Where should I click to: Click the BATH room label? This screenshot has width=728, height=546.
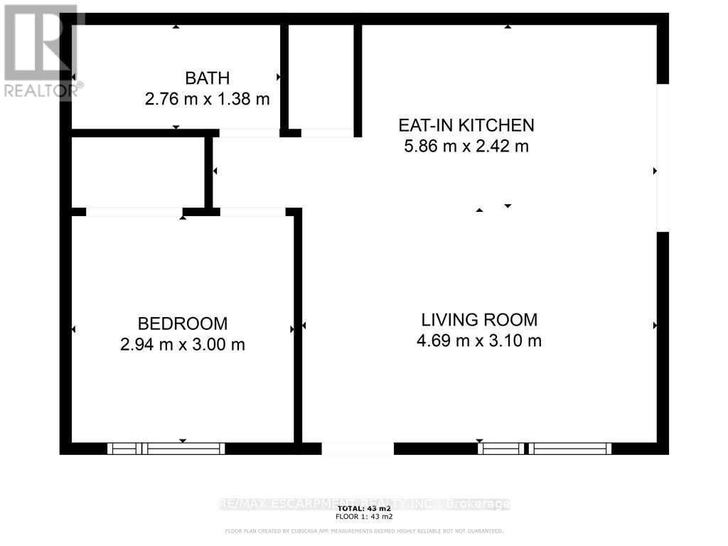pyautogui.click(x=207, y=78)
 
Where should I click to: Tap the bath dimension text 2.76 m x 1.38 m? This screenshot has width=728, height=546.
pyautogui.click(x=207, y=99)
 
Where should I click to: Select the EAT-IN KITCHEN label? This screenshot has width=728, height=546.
pyautogui.click(x=466, y=126)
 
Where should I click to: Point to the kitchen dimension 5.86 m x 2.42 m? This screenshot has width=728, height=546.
pyautogui.click(x=466, y=146)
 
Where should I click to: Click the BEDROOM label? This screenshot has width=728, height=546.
pyautogui.click(x=183, y=323)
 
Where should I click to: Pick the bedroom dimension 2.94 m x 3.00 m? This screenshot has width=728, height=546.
pyautogui.click(x=183, y=345)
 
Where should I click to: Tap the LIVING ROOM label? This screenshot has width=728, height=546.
pyautogui.click(x=479, y=319)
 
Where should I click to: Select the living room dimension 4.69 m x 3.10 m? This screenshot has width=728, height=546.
pyautogui.click(x=479, y=341)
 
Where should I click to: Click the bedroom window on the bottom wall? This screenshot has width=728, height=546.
pyautogui.click(x=166, y=449)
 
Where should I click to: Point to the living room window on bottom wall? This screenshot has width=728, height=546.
pyautogui.click(x=545, y=449)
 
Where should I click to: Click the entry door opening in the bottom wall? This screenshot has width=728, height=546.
pyautogui.click(x=358, y=449)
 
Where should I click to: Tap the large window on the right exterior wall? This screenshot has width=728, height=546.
pyautogui.click(x=662, y=158)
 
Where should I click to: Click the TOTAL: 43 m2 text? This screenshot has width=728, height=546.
pyautogui.click(x=364, y=509)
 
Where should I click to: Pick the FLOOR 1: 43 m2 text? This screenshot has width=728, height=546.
pyautogui.click(x=364, y=517)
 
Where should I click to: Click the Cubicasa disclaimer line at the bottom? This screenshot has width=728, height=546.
pyautogui.click(x=364, y=531)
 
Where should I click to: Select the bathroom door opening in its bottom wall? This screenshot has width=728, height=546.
pyautogui.click(x=249, y=133)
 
